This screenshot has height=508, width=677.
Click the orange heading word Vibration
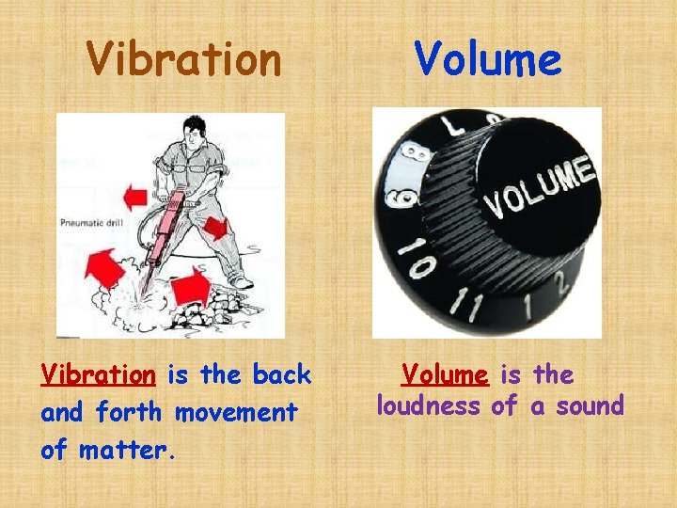coord(183,59)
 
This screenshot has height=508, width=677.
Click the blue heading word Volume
coord(488,59)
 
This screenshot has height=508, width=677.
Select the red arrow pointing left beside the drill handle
coord(134,197)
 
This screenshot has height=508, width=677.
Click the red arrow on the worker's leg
coord(214,227)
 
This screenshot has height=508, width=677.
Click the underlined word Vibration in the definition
coord(98,375)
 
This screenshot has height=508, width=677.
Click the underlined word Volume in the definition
coord(445,375)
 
